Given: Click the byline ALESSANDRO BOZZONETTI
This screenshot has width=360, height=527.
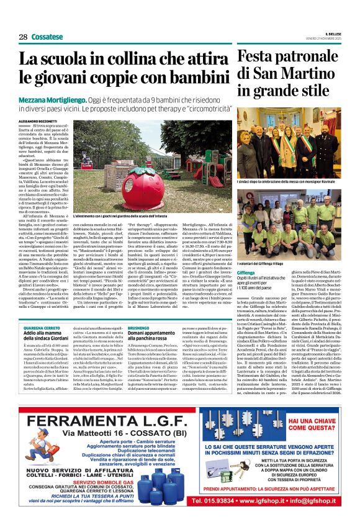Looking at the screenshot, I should (40, 120).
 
